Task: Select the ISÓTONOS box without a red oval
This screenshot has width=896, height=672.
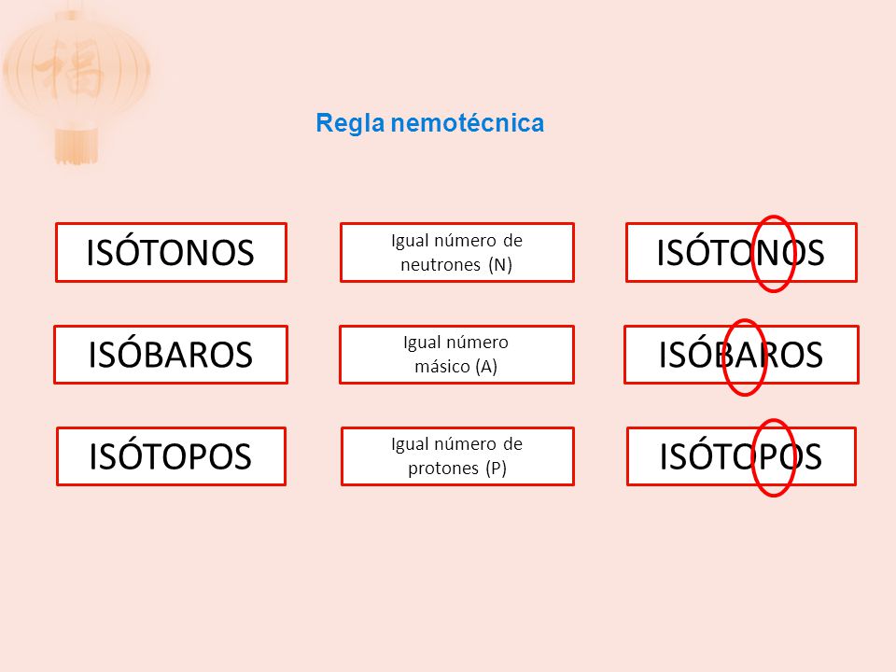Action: tap(171, 252)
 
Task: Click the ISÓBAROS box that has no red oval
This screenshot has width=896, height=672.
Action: tap(171, 355)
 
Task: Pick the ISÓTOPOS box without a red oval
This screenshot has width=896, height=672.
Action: tap(171, 456)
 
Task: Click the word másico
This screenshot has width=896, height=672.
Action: tap(443, 366)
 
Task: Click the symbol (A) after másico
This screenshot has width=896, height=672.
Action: tap(485, 366)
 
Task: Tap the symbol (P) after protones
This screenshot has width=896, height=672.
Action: tap(496, 469)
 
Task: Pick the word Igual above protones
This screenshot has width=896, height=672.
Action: tap(409, 444)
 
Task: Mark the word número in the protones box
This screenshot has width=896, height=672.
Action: tap(464, 444)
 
